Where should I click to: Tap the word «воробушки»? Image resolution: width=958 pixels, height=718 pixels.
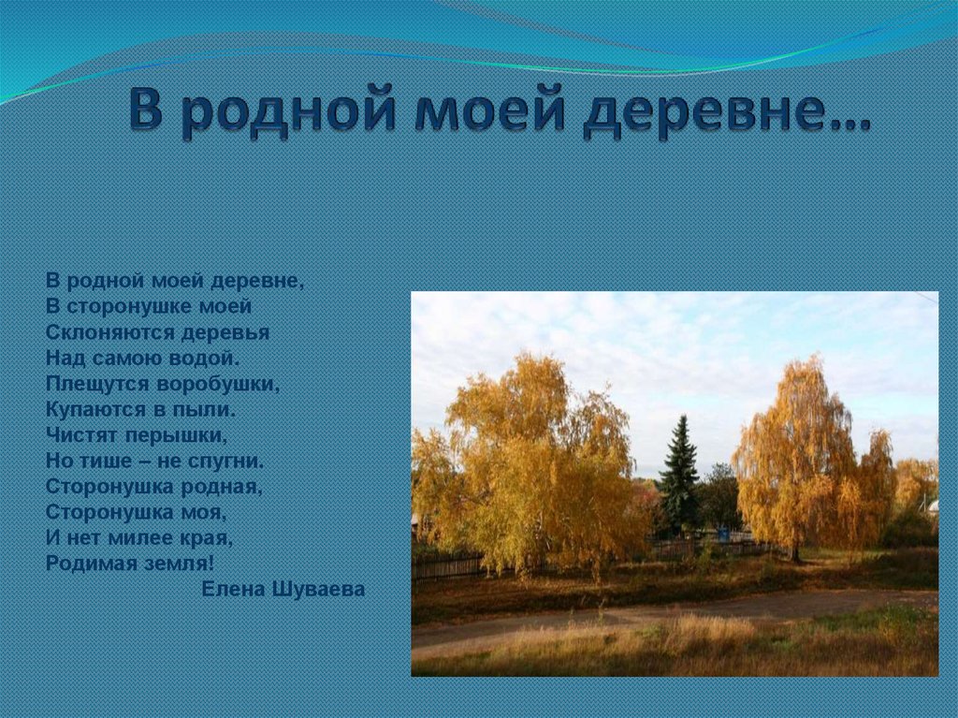coord(218,384)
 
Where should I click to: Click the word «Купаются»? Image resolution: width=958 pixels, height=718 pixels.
coord(92,409)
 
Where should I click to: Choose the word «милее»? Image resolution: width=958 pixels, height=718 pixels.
coord(140,537)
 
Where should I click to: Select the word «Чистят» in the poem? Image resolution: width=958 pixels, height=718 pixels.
coord(82,435)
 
